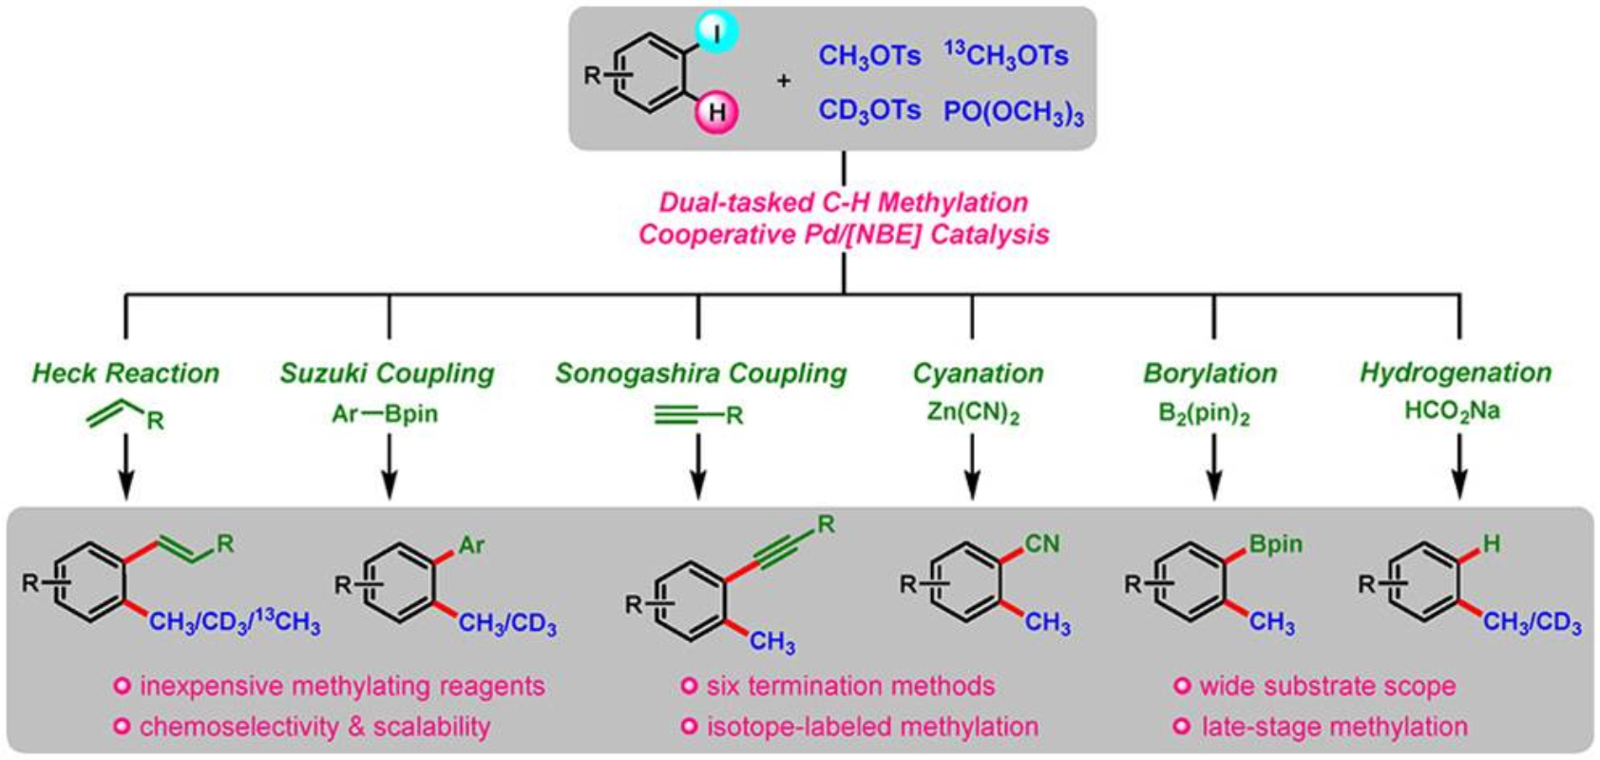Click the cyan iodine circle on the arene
pos(717,33)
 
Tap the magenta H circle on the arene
pos(717,112)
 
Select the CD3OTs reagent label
pos(869,111)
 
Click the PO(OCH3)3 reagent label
pos(1013,113)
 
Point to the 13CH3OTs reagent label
pos(1005,55)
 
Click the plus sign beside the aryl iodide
pos(783,81)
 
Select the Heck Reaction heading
pos(125,372)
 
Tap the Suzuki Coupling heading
pos(387,372)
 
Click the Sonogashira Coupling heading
pos(700,372)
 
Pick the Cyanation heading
pos(978,372)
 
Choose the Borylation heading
pos(1210,372)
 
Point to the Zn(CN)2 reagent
pos(973,414)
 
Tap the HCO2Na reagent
pos(1452,412)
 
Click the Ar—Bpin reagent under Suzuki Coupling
pos(385,414)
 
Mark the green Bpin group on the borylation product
pos(1275,543)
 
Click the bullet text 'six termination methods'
pos(849,686)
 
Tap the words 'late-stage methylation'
pos(1334,727)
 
